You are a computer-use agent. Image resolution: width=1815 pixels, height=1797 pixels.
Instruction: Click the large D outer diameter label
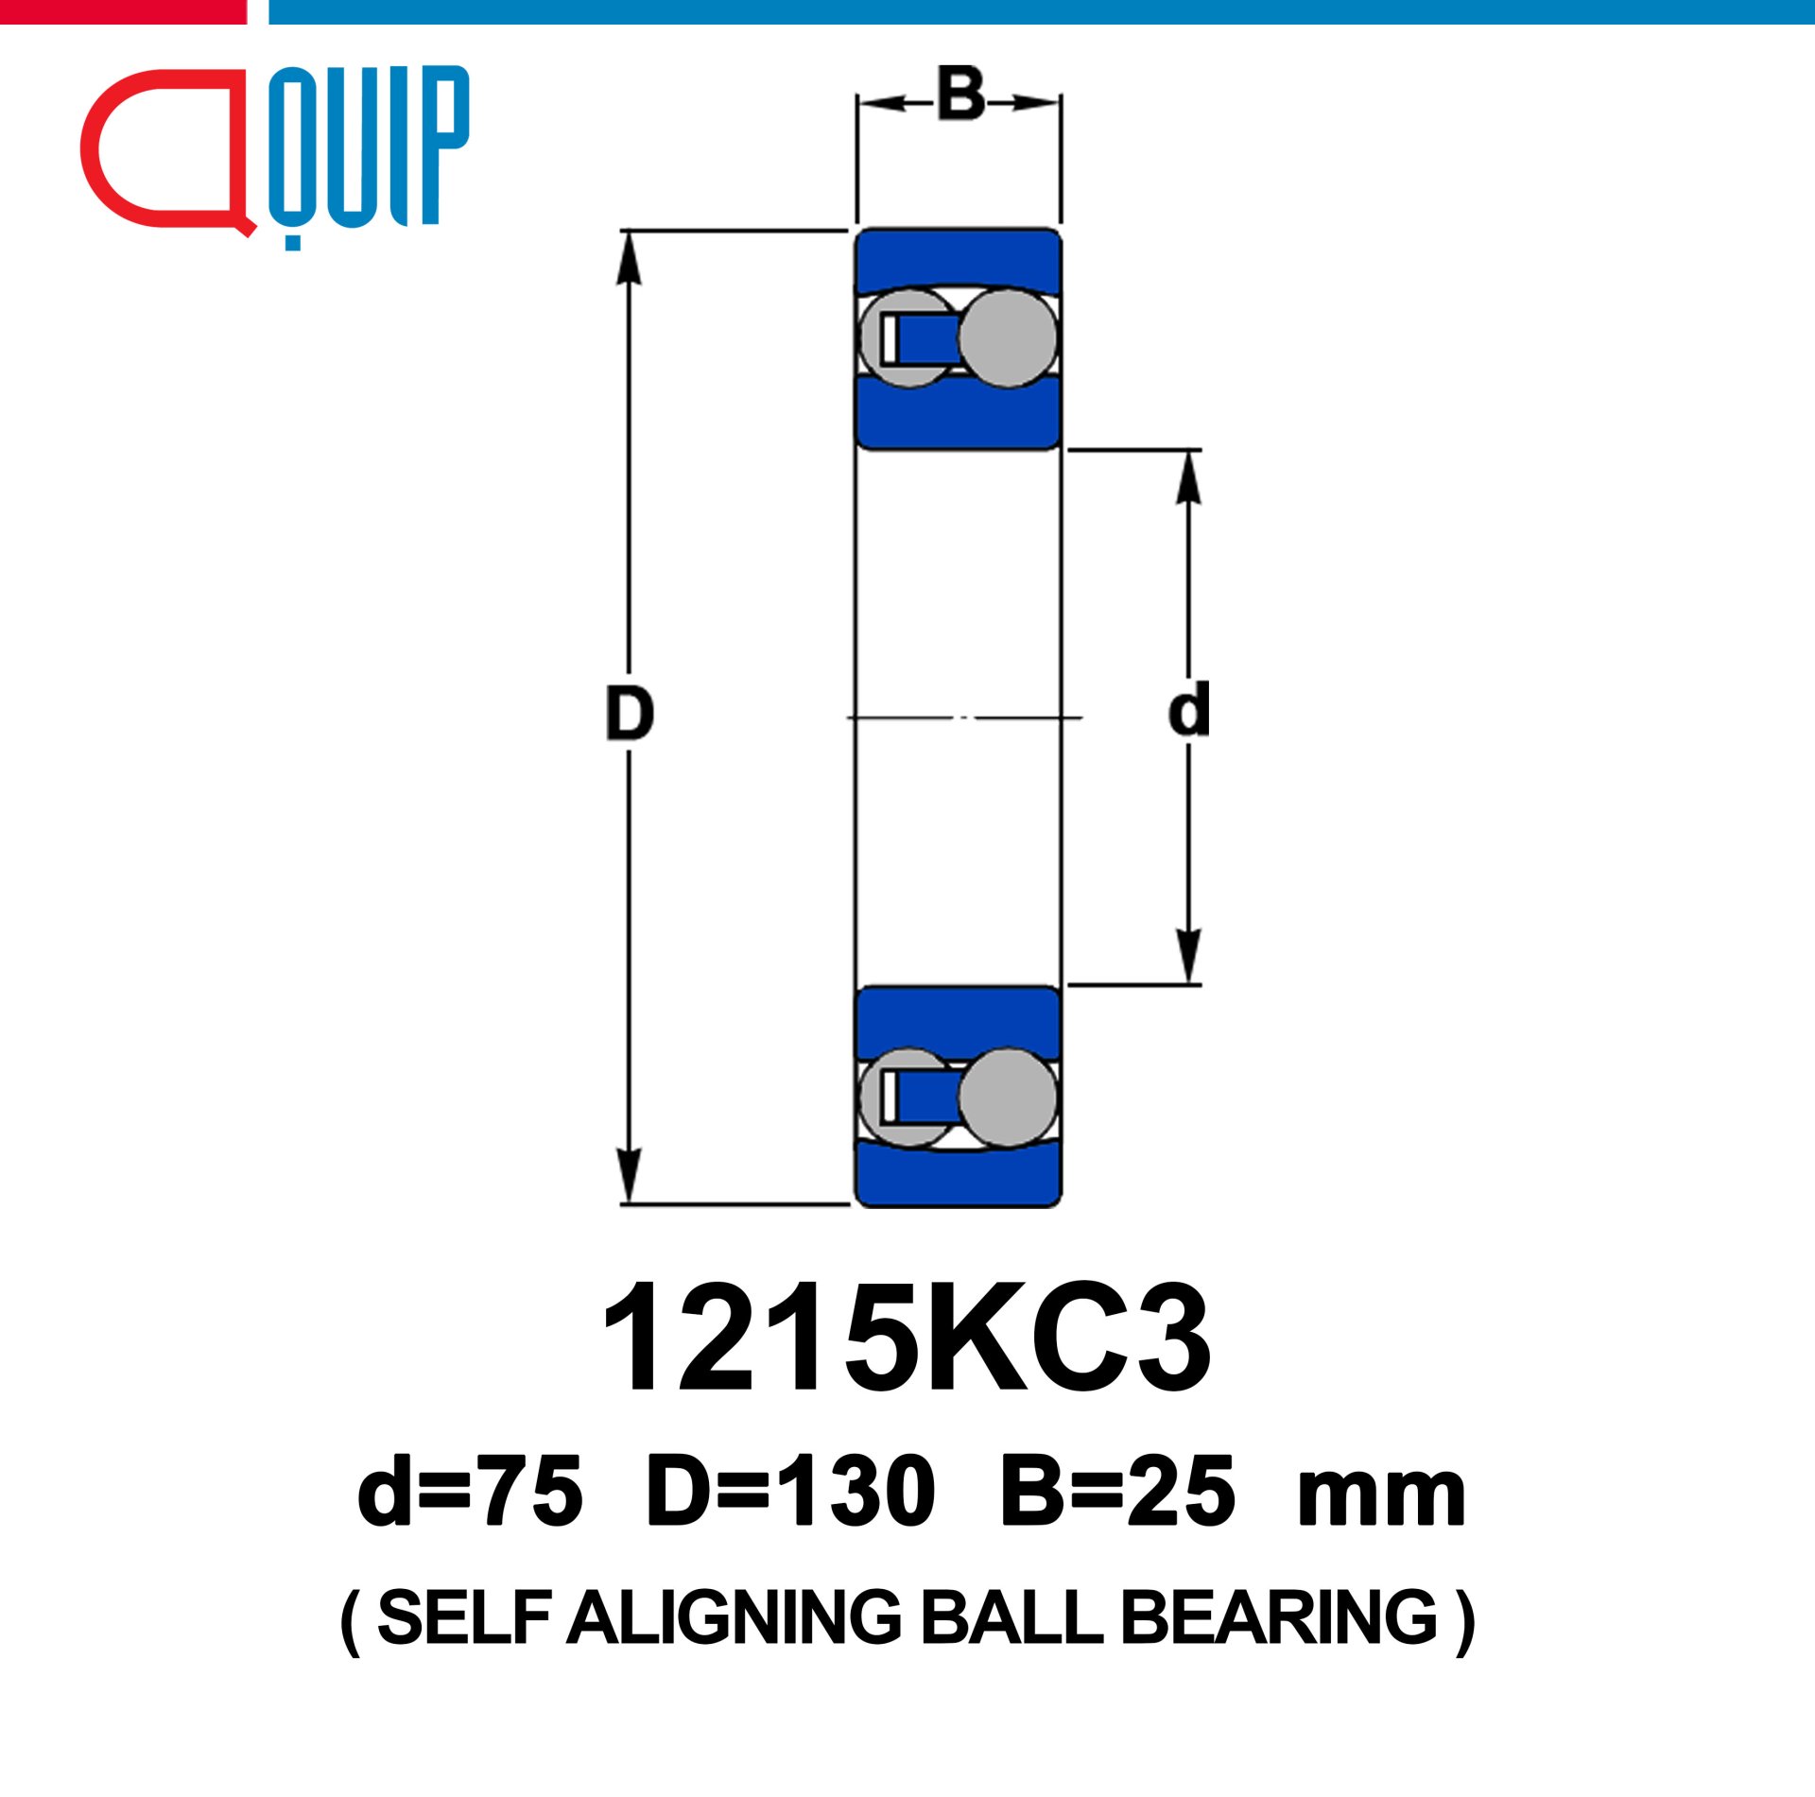pyautogui.click(x=630, y=715)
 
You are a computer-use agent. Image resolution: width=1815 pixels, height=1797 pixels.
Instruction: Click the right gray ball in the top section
pyautogui.click(x=1008, y=338)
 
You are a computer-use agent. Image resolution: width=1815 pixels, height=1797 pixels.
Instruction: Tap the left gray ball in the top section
pyautogui.click(x=906, y=338)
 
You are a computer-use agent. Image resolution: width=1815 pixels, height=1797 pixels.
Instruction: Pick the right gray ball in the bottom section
pyautogui.click(x=1008, y=1097)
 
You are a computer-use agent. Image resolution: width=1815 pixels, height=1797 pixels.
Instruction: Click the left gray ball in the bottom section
pyautogui.click(x=906, y=1097)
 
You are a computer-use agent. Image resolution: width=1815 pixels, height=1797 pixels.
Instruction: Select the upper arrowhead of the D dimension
pyautogui.click(x=629, y=257)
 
